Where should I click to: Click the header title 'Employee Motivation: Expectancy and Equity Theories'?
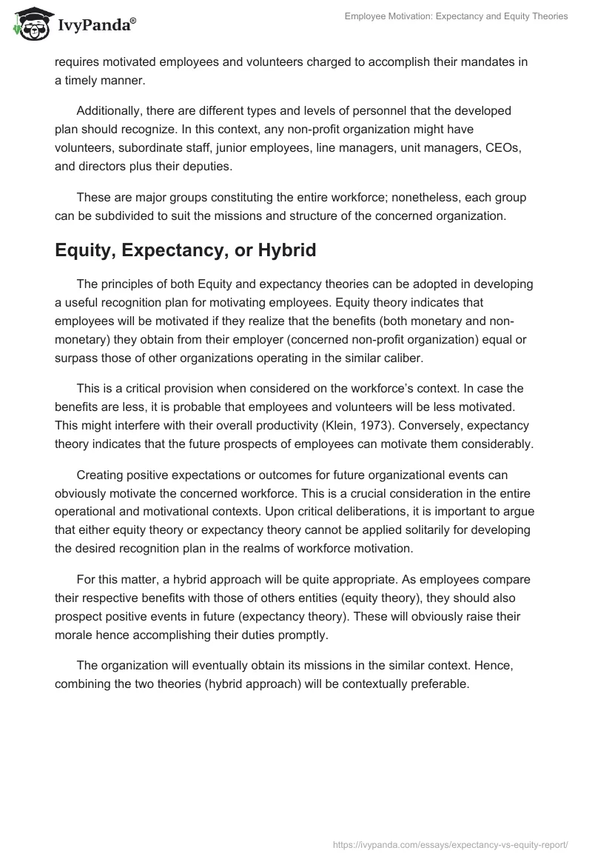click(456, 16)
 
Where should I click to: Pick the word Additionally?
click(110, 110)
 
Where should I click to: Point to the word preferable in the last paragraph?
click(433, 683)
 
